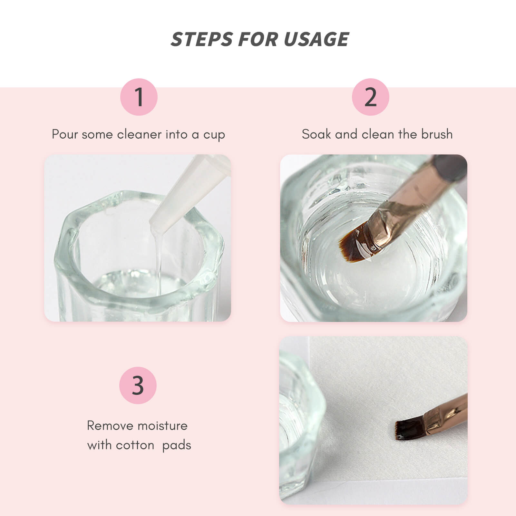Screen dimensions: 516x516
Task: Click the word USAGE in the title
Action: point(316,39)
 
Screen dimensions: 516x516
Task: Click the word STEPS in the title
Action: point(202,39)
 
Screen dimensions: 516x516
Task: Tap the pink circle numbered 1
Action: point(139,97)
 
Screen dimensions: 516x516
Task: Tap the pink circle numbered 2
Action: point(370,97)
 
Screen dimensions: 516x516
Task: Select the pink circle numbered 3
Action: point(138,385)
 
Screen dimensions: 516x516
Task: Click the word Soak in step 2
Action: point(316,134)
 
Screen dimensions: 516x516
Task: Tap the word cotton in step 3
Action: point(135,445)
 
